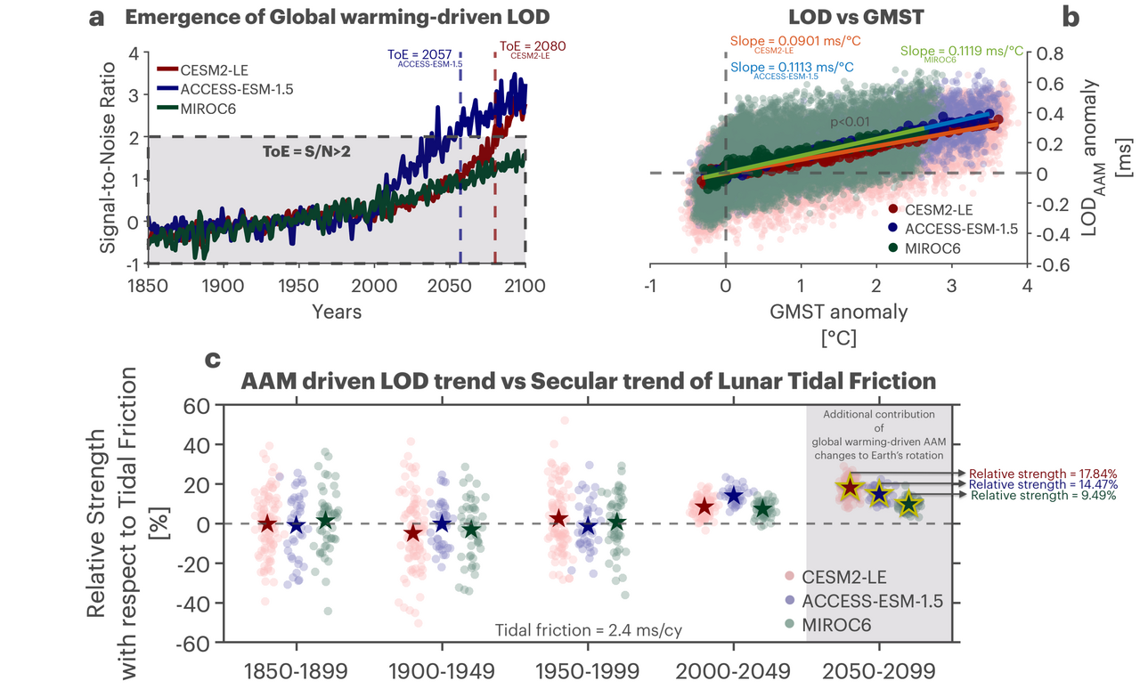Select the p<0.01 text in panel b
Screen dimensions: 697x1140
click(x=849, y=122)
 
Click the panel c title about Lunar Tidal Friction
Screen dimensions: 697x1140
click(x=589, y=381)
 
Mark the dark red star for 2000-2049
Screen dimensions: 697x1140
click(x=704, y=507)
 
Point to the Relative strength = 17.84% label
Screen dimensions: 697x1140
click(x=1043, y=474)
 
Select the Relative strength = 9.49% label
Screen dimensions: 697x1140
click(x=1043, y=496)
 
